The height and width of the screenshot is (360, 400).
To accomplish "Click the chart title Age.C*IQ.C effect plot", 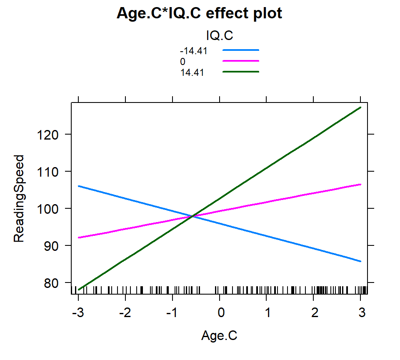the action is (x=199, y=13).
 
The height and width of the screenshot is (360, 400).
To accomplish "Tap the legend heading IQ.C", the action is (x=220, y=35).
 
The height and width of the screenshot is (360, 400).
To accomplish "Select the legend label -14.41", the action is (x=194, y=51).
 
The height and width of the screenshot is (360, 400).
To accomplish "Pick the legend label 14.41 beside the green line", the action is (x=192, y=72).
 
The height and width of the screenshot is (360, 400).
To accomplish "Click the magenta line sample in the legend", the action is (x=241, y=61).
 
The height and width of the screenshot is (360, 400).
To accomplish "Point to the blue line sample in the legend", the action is (x=241, y=50).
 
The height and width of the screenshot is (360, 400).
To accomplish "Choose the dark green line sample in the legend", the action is (x=241, y=72).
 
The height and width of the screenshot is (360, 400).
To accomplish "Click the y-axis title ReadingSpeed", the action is (x=19, y=198).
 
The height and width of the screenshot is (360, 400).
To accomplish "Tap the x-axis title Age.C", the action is (x=219, y=335).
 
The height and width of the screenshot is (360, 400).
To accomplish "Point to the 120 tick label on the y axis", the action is (x=47, y=135).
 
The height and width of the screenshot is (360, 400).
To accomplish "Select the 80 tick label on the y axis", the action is (x=51, y=283).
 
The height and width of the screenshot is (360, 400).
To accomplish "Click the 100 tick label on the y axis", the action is (x=47, y=209).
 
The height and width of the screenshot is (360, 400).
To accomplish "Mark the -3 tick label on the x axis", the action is (x=78, y=312).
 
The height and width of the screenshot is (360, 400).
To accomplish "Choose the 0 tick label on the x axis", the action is (x=221, y=312).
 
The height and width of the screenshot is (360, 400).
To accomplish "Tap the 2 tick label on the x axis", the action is (x=315, y=312).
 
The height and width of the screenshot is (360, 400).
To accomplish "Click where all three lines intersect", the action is (x=192, y=216).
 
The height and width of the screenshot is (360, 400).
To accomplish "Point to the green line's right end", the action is (x=360, y=107).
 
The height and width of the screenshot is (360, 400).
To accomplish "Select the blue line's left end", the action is (x=79, y=186).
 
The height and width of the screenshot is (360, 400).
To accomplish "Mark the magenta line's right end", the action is (x=360, y=184).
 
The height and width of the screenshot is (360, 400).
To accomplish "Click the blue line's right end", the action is (x=360, y=261).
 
